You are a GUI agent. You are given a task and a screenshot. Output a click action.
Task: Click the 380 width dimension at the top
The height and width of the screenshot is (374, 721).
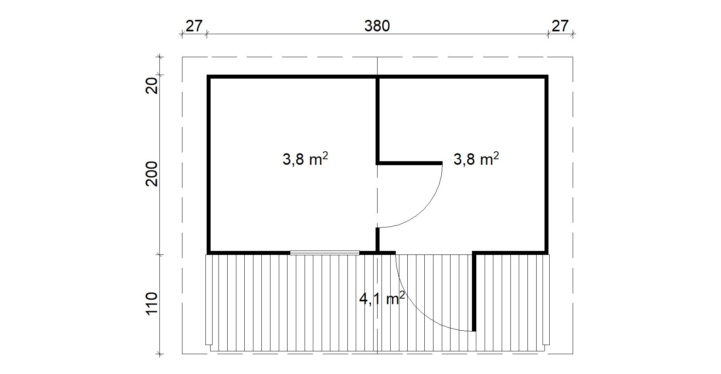pos(377,26)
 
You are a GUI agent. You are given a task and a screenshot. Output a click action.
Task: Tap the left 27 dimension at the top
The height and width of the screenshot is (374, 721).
pos(194,26)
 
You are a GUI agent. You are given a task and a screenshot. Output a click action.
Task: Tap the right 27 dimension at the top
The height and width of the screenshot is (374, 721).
pos(560,26)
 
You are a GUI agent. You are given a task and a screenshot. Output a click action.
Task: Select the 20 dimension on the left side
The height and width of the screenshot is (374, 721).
pos(152,85)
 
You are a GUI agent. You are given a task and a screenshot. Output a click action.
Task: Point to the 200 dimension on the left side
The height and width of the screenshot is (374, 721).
pos(152,174)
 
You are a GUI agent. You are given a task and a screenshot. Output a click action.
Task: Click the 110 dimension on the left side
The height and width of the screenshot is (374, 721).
pos(152,304)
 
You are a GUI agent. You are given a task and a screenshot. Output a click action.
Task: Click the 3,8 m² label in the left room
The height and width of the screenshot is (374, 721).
pos(305,159)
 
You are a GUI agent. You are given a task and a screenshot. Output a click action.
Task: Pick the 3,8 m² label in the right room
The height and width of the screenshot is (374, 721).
pos(476,159)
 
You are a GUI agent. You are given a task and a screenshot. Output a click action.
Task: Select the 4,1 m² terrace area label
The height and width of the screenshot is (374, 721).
pos(382,298)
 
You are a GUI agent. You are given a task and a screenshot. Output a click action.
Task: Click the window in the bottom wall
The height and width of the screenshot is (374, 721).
pos(325,253)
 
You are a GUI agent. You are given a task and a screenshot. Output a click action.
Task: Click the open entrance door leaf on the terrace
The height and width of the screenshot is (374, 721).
pos(474,292)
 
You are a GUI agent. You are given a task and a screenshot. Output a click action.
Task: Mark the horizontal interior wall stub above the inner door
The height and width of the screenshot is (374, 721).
pos(409,163)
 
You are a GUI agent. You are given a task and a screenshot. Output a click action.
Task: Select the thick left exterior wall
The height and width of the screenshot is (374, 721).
pos(208,164)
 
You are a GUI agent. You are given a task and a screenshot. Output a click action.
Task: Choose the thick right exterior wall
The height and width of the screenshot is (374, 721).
pos(547,164)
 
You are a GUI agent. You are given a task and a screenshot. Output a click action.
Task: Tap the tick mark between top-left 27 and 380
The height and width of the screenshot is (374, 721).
pos(207,34)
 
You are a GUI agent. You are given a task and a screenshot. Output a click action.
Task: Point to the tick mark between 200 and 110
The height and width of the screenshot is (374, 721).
pos(160,254)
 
